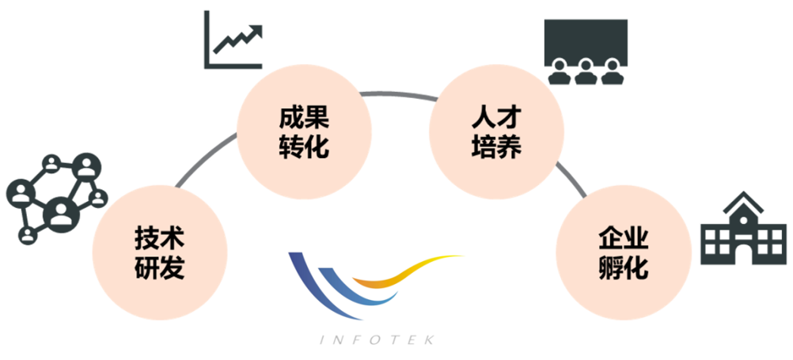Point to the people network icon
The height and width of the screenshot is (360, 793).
pos(55,198)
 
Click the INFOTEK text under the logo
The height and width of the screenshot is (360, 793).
pos(375,339)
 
